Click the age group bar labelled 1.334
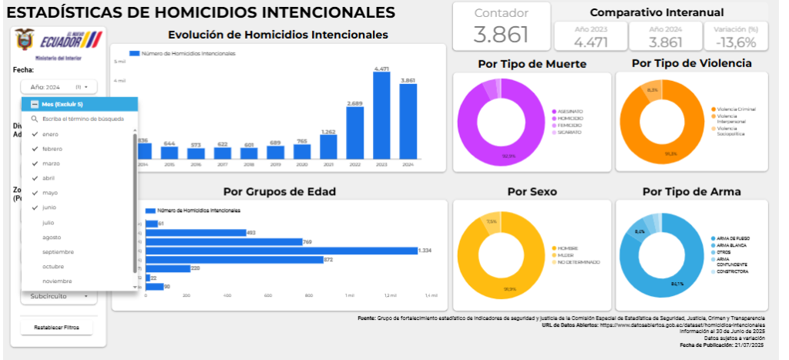[280, 251]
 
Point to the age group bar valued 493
[195, 232]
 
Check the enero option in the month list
[50, 134]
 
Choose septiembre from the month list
[58, 251]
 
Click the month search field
[83, 119]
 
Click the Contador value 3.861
[501, 35]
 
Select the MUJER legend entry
[566, 255]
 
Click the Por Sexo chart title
[532, 191]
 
